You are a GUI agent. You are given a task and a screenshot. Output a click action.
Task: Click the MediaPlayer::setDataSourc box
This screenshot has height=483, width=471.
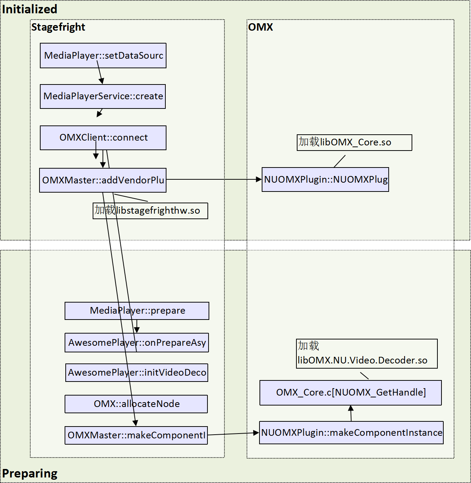click(103, 56)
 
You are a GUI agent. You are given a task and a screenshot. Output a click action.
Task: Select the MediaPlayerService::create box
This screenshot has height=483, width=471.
click(103, 96)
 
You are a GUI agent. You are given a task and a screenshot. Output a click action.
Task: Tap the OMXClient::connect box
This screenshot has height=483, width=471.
click(103, 138)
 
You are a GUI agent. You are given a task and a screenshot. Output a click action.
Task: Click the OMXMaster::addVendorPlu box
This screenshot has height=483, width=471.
click(103, 180)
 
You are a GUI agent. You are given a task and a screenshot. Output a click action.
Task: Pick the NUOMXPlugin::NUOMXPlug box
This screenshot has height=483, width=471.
click(325, 180)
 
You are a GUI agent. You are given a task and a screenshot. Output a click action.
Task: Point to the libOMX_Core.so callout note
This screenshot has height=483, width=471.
click(354, 142)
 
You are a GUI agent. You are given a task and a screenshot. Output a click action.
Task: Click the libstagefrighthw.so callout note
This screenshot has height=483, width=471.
click(150, 211)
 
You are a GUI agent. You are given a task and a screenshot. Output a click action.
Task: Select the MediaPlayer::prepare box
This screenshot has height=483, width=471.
click(137, 311)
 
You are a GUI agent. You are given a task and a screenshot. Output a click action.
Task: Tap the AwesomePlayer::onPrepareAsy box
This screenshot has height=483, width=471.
click(137, 343)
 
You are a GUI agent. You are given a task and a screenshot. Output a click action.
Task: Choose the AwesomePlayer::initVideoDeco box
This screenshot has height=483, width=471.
click(137, 373)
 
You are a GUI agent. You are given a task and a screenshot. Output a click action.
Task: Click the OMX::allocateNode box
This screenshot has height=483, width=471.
click(136, 404)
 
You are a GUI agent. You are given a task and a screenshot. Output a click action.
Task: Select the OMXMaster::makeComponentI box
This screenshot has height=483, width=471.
click(136, 435)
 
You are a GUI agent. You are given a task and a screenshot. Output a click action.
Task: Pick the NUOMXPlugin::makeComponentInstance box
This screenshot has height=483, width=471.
click(351, 433)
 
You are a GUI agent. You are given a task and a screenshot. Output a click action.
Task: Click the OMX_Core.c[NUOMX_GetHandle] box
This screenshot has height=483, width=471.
click(350, 393)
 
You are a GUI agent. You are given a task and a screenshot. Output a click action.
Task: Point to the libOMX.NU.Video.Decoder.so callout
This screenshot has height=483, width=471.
click(367, 353)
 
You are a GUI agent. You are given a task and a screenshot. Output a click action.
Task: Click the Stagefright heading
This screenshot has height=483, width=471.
click(58, 27)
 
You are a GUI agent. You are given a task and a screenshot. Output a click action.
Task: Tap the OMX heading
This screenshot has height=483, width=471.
click(260, 27)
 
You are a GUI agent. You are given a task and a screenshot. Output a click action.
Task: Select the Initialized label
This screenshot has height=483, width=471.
click(30, 9)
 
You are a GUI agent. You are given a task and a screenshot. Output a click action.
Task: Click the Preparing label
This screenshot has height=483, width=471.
click(30, 473)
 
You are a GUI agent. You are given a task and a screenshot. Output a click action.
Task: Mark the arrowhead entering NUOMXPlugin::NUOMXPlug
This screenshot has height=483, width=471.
click(259, 179)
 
